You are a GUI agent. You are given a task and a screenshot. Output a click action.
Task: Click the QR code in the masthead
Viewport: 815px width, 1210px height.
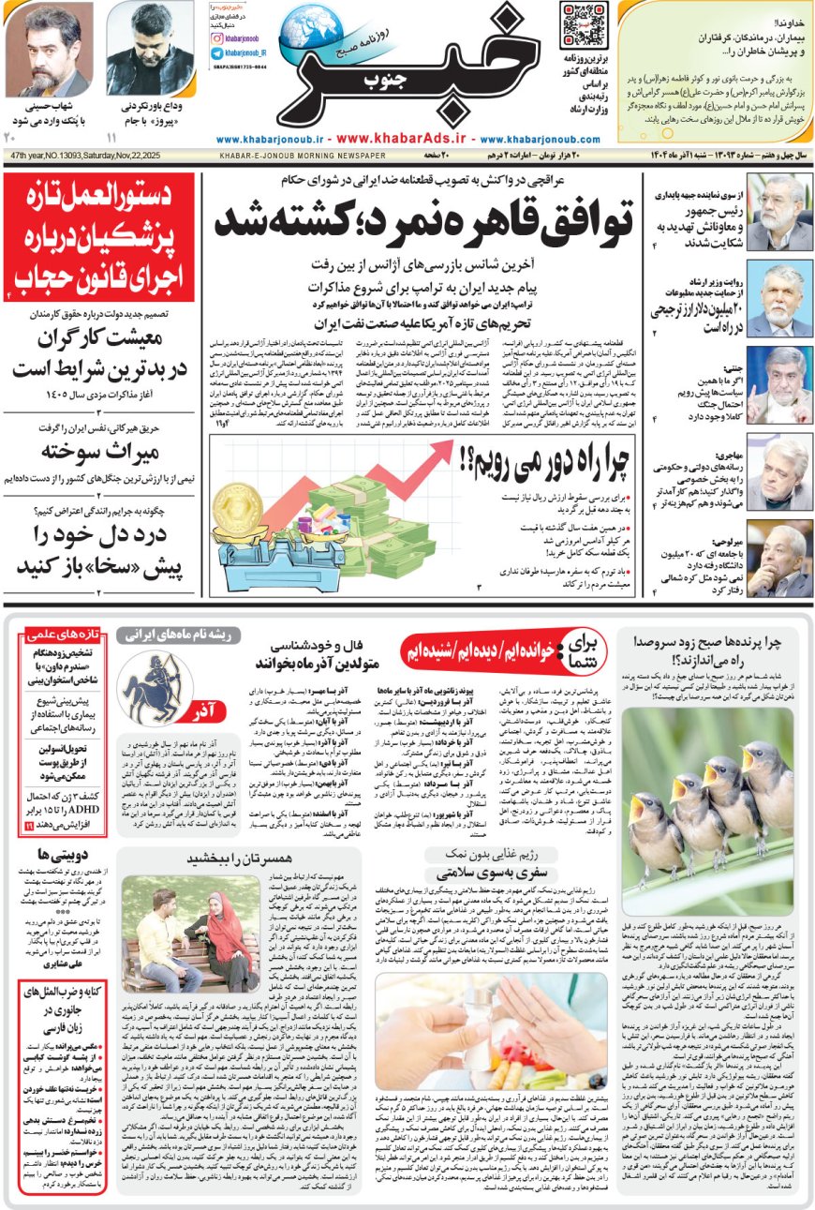click(x=583, y=25)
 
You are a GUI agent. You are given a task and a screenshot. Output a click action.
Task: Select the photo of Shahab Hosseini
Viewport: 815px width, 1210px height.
click(x=35, y=48)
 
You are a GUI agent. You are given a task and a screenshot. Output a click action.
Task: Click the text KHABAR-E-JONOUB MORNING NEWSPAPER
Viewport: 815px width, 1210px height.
click(x=303, y=156)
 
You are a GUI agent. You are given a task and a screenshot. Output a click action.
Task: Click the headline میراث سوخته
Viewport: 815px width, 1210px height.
click(x=101, y=451)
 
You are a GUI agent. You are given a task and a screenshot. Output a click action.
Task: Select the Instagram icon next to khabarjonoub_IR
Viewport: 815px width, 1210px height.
click(x=216, y=55)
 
